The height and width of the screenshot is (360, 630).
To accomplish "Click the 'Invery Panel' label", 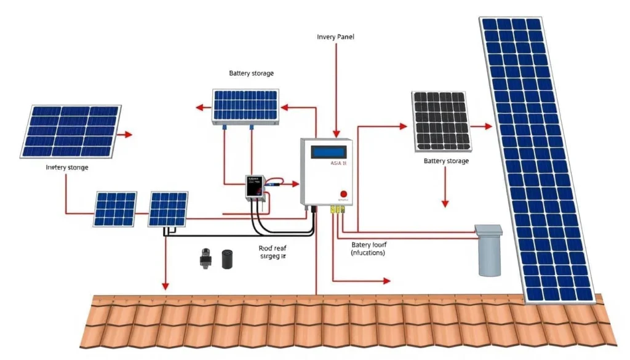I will [x=335, y=37].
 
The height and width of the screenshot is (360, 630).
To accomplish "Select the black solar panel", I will [x=441, y=121].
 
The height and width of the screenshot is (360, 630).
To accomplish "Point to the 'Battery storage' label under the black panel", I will [x=446, y=161].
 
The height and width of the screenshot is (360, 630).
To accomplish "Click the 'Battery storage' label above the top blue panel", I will [x=251, y=73].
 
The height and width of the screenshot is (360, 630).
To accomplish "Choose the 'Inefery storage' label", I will [x=67, y=167].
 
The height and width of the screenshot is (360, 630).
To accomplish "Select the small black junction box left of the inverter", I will [x=254, y=186].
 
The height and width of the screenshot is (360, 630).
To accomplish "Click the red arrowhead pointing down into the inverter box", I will [x=335, y=133].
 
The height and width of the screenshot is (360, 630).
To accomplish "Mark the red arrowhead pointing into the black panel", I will [x=403, y=126].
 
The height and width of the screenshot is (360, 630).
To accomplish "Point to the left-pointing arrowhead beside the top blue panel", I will [x=199, y=108].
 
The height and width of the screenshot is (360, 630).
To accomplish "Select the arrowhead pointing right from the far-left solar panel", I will [x=128, y=134].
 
